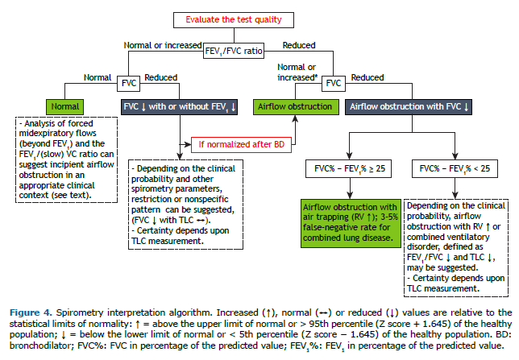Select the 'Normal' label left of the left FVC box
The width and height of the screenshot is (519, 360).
97,77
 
